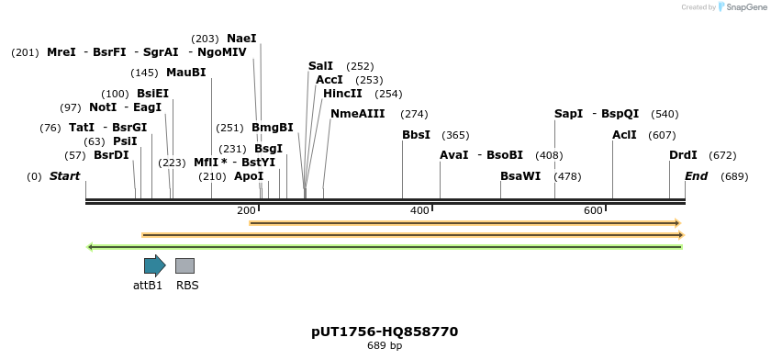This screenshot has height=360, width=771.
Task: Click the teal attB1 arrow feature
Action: click(x=154, y=265)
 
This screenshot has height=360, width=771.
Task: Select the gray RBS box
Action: click(x=184, y=265)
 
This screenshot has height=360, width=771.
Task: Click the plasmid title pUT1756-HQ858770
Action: click(x=385, y=332)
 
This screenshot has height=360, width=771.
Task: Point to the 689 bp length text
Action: click(x=385, y=346)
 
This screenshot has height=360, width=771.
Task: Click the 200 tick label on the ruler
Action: click(x=246, y=211)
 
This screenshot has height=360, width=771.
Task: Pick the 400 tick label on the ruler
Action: click(x=419, y=211)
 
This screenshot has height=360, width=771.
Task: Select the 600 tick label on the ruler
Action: click(x=593, y=211)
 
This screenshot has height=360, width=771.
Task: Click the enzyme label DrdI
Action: click(x=683, y=155)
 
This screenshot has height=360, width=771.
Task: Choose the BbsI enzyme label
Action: click(x=416, y=135)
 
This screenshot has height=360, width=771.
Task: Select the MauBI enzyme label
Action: click(x=186, y=73)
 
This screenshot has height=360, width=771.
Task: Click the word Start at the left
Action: click(x=64, y=175)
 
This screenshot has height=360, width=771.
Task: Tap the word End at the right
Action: click(x=696, y=175)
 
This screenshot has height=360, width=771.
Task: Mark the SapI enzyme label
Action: click(x=568, y=114)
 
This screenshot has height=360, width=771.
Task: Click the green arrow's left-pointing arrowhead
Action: click(x=89, y=246)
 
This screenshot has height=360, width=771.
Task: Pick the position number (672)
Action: click(x=722, y=155)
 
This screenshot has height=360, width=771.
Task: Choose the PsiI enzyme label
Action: click(x=125, y=141)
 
